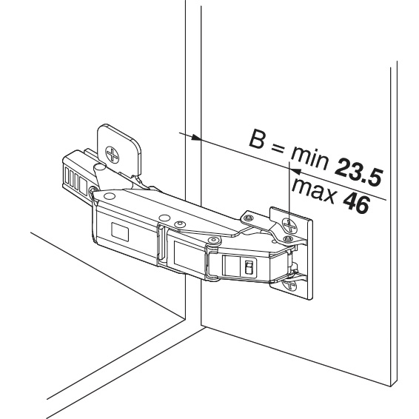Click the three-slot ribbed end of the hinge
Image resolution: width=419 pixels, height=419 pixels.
[x=74, y=178]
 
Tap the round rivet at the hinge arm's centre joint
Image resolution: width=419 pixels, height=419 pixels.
[x=213, y=241]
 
